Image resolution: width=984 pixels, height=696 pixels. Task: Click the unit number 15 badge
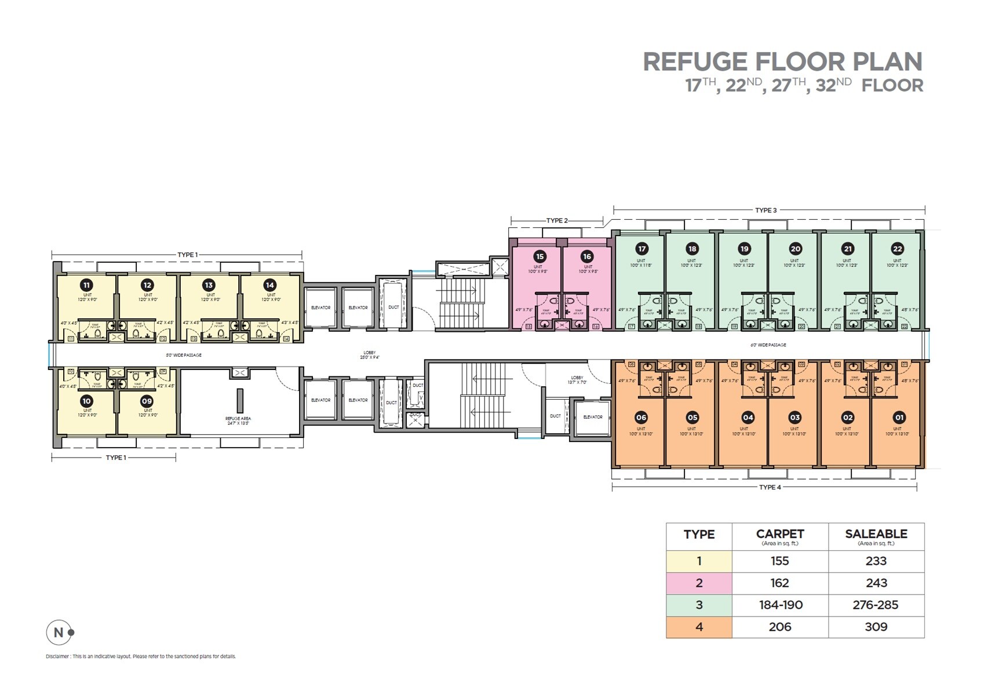(540, 256)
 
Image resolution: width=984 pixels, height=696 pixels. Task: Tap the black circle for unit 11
(86, 285)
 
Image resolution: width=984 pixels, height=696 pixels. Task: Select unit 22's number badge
(897, 249)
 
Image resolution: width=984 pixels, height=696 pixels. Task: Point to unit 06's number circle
(641, 418)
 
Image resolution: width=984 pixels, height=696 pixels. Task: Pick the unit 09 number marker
(147, 401)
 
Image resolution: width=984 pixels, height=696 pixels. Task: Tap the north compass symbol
(59, 632)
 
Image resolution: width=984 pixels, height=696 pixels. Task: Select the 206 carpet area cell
(779, 627)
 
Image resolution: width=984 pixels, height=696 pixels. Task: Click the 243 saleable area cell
(876, 583)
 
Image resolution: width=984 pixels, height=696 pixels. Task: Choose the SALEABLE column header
(876, 534)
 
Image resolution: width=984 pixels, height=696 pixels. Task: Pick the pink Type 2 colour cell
(699, 583)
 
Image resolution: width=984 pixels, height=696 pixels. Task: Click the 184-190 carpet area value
(780, 605)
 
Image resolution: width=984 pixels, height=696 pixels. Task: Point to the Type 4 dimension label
(770, 487)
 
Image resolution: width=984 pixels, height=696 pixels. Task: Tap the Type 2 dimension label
(557, 220)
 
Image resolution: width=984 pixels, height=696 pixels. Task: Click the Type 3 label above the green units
(766, 210)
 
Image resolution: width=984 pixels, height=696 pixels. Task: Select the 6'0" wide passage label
(768, 345)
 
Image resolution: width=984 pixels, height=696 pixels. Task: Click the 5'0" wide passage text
(184, 355)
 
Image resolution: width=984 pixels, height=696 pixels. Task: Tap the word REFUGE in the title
(695, 62)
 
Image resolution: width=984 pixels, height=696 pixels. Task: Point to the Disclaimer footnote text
(141, 657)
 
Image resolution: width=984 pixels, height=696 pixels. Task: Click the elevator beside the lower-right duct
(593, 417)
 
